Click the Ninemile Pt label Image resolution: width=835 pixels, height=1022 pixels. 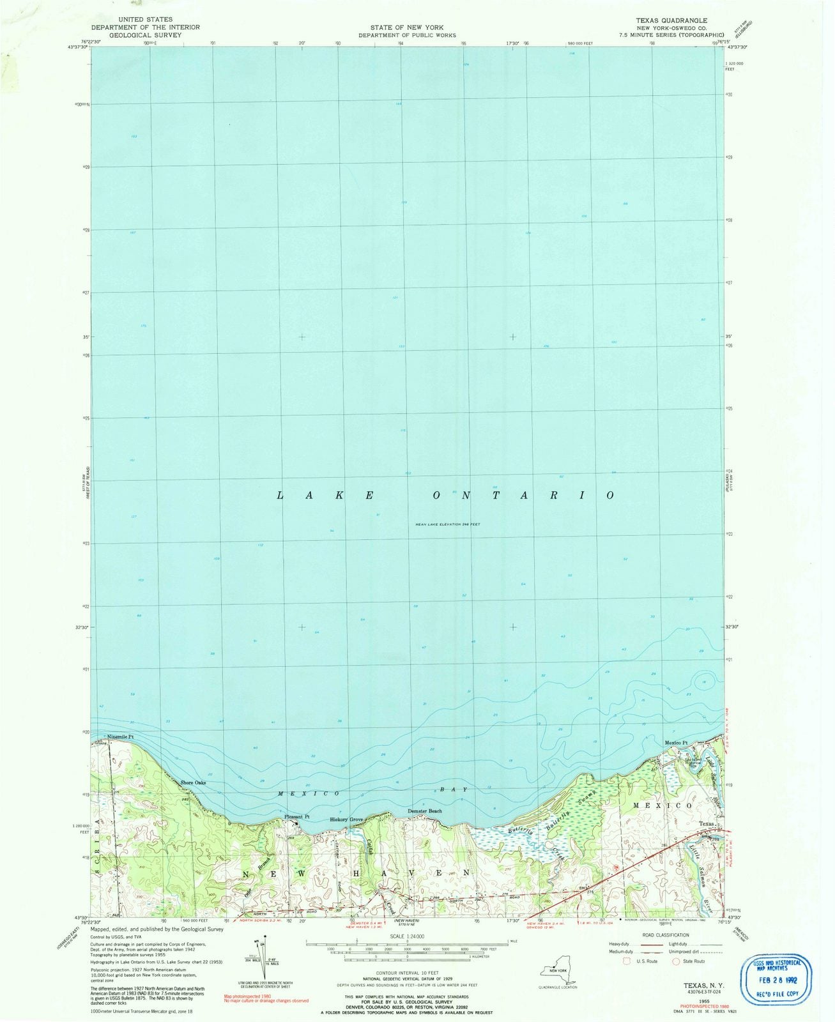(120, 736)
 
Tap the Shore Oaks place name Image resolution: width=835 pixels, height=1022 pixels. (192, 782)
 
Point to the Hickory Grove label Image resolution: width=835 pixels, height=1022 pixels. (346, 820)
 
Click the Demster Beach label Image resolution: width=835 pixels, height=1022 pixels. (425, 811)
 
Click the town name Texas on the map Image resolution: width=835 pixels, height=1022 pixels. (705, 824)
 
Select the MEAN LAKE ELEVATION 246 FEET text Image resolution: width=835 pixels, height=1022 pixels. (447, 524)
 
